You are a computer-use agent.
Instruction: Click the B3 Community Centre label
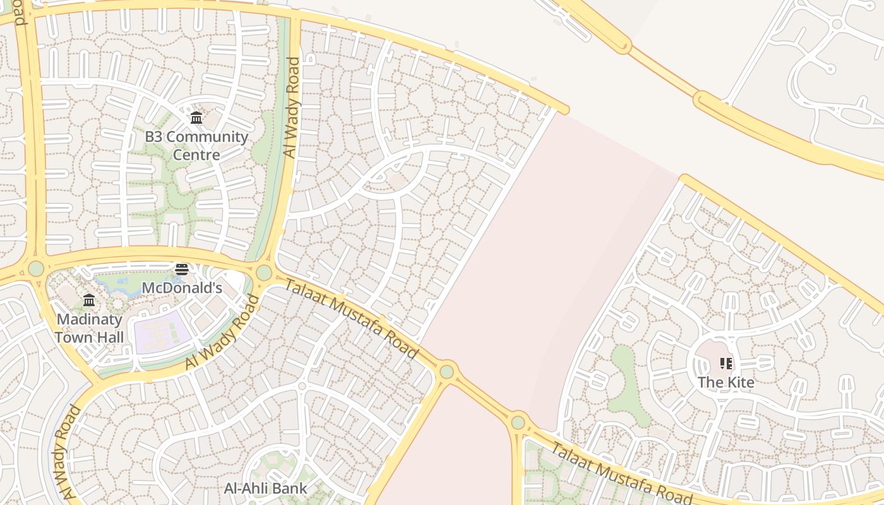pos(196,146)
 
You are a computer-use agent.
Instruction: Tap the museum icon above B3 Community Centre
pos(196,117)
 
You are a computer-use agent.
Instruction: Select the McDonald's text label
pos(182,288)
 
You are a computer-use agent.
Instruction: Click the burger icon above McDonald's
pos(182,270)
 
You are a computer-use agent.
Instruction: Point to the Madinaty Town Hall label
pos(89,328)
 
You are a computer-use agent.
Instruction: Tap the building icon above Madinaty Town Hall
pos(89,300)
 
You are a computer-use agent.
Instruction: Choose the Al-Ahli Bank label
pos(266,488)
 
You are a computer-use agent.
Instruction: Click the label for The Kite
pos(726,382)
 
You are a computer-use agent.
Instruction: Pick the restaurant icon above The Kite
pos(726,364)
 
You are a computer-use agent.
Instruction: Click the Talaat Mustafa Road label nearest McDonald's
pos(351,318)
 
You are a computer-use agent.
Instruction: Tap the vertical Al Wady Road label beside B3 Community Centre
pos(291,107)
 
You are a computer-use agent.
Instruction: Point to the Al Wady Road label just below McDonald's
pos(222,333)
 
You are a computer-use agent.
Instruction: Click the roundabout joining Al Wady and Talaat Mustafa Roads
pos(264,273)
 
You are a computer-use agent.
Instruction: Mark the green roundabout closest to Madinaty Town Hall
pos(36,268)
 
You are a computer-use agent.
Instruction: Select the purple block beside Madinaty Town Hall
pos(161,331)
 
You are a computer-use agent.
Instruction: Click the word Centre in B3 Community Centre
pos(196,155)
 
